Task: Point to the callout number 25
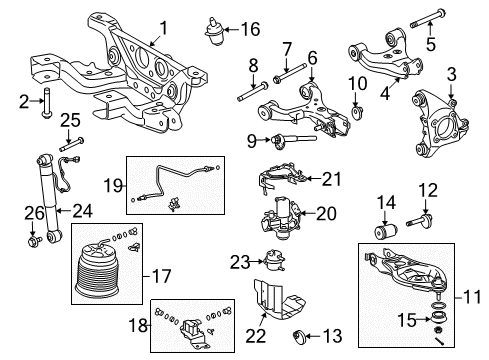[41, 122]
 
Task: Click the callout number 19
[114, 185]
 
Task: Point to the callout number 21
[330, 180]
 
